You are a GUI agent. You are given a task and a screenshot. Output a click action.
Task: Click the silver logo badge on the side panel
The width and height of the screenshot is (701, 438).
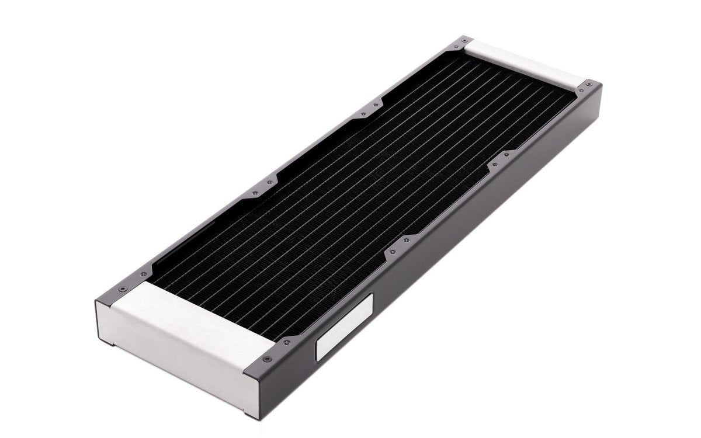pos(343,331)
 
